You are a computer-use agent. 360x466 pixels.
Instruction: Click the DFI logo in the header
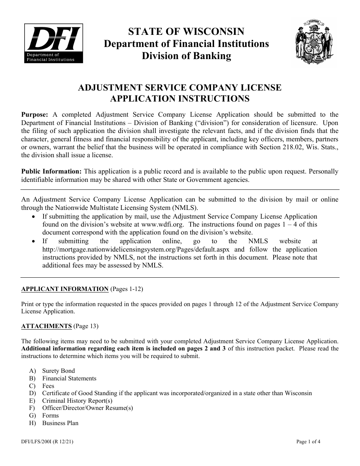(53, 43)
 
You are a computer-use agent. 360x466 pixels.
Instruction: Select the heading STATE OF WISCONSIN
(186, 32)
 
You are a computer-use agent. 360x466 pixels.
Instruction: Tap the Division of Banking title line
(186, 56)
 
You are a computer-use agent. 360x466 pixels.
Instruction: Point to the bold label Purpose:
(34, 115)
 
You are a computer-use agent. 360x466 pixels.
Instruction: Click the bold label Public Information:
(51, 172)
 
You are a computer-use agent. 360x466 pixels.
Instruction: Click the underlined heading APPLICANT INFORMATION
(65, 289)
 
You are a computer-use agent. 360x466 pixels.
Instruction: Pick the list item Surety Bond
(58, 371)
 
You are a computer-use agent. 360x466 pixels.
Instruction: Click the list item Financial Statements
(69, 378)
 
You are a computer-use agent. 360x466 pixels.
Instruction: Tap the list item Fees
(48, 386)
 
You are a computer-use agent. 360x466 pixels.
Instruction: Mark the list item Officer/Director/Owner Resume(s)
(87, 408)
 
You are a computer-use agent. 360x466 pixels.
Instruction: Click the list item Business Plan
(60, 423)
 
